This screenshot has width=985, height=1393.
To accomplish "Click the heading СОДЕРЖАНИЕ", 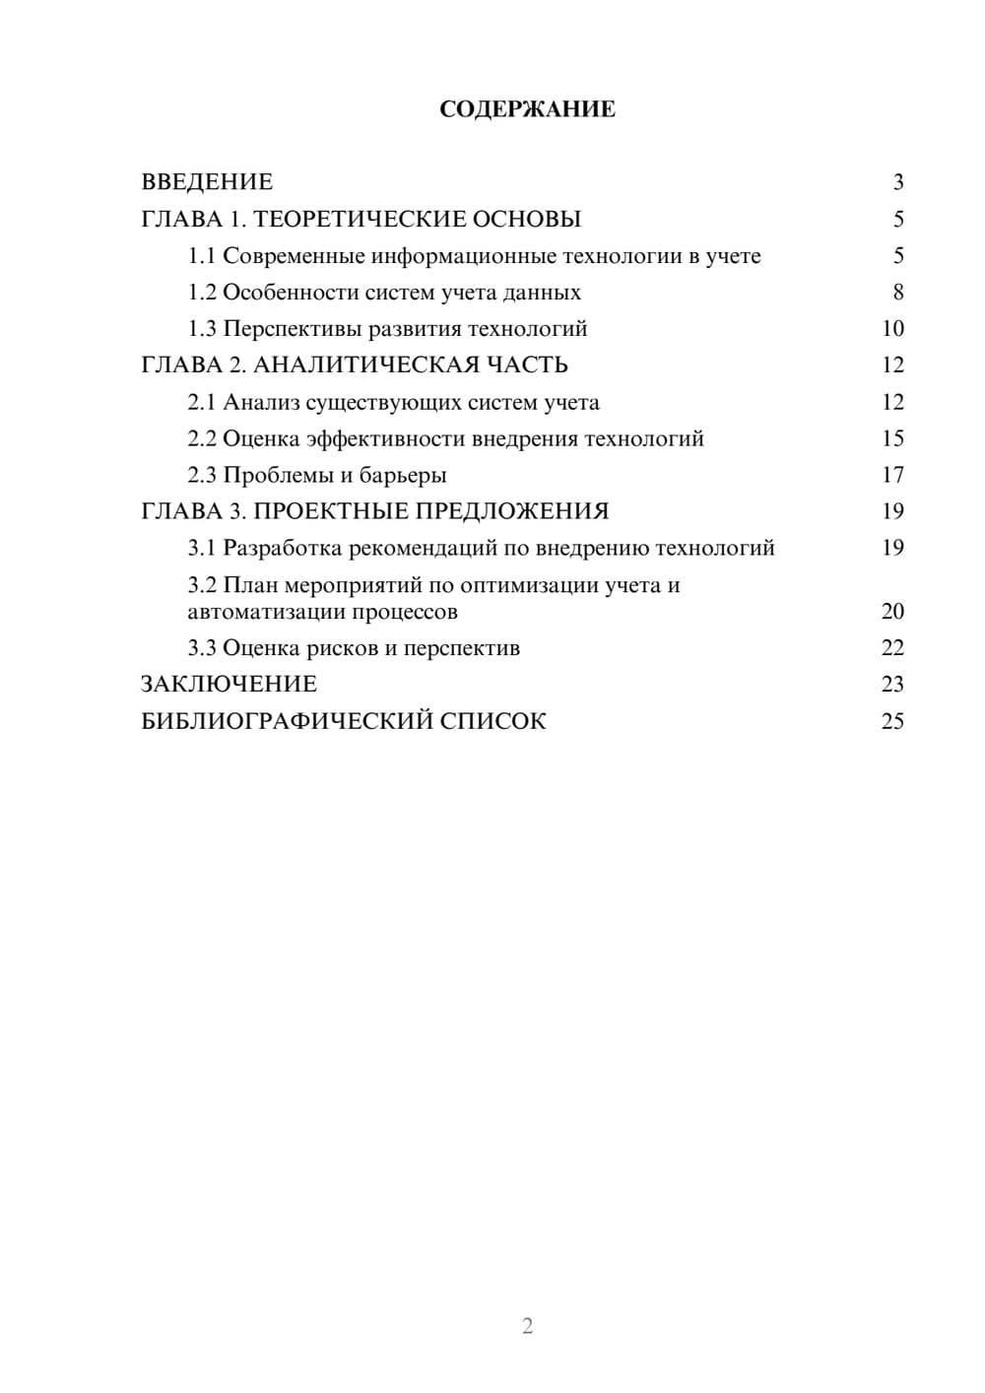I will [527, 109].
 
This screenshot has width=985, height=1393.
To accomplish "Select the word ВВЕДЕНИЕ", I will [207, 182].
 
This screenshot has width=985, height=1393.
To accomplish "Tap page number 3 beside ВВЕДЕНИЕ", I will [897, 182].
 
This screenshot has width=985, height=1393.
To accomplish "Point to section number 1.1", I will [201, 256].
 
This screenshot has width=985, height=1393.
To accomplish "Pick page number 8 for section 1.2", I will [897, 293].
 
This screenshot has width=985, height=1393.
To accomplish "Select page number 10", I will [891, 329].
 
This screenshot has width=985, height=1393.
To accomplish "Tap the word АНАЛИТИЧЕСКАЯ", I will [365, 365].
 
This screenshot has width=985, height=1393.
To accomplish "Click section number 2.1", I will [201, 402].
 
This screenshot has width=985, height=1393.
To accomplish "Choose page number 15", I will [891, 438].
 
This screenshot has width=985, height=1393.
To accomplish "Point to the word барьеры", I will [403, 476].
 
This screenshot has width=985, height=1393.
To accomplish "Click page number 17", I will [891, 475].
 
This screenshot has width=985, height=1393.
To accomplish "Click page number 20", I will [891, 612].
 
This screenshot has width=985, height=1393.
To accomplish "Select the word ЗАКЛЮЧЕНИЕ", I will [229, 685].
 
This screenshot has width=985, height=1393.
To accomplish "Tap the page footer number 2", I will [527, 1326].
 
